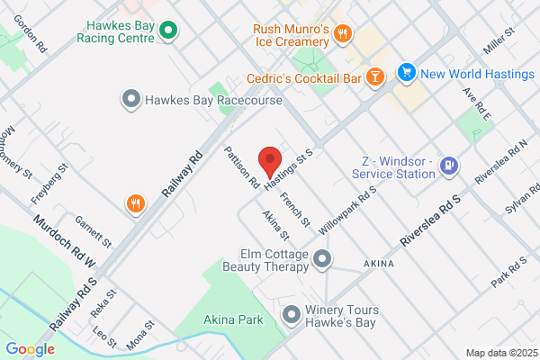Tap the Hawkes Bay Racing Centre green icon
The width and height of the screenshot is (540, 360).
(x=167, y=32)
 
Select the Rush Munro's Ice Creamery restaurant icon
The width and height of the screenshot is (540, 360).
(x=342, y=34)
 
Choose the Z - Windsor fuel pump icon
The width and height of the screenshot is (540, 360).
(x=450, y=165)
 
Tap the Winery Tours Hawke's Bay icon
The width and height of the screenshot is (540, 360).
(x=291, y=314)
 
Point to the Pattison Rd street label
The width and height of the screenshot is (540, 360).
(x=242, y=167)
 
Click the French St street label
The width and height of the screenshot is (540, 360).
(x=294, y=209)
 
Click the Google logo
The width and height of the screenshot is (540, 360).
(x=30, y=349)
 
